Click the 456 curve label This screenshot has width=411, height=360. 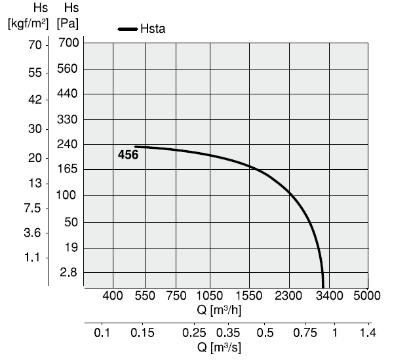point(128,155)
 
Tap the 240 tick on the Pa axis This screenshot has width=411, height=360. point(68,144)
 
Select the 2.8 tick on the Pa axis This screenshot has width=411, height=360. point(69,272)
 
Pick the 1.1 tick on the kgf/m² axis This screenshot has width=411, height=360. point(33,258)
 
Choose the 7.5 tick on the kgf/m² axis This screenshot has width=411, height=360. point(33,209)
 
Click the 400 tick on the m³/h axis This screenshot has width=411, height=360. point(113,296)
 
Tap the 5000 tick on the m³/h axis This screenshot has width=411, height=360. point(367,296)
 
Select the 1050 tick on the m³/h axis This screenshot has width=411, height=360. point(210,296)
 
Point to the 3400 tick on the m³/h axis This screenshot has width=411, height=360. point(329,296)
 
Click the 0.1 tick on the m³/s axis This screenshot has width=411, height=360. point(102,333)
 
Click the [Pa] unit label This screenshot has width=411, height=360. point(68,24)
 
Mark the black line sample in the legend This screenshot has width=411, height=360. point(127,29)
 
